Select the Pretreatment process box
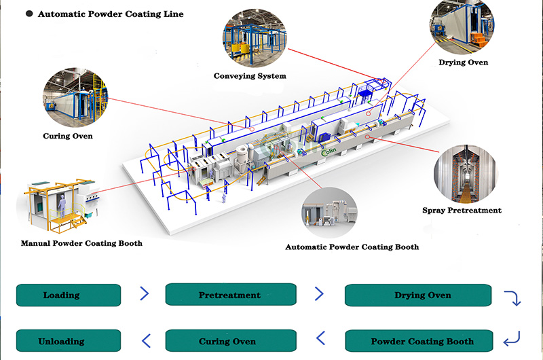pyautogui.click(x=231, y=295)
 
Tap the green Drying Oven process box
pyautogui.click(x=418, y=295)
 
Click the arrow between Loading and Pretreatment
pyautogui.click(x=144, y=294)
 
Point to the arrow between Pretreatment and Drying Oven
pyautogui.click(x=320, y=294)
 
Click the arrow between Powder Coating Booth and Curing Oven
pyautogui.click(x=320, y=340)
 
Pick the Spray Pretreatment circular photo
pyautogui.click(x=466, y=174)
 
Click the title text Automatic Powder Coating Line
pyautogui.click(x=111, y=14)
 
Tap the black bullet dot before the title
pyautogui.click(x=30, y=14)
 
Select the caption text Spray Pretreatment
pyautogui.click(x=462, y=211)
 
